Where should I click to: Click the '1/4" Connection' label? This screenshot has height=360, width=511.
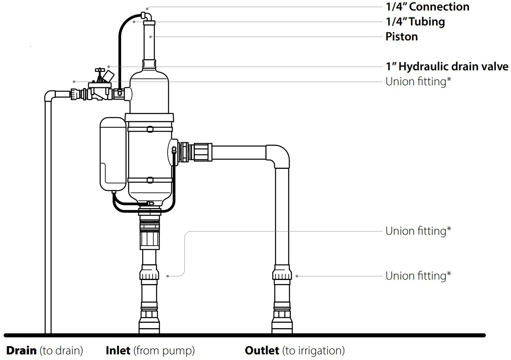(427, 7)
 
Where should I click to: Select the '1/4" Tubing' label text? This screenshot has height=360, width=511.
(415, 21)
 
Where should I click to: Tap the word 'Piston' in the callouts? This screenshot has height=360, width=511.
(402, 37)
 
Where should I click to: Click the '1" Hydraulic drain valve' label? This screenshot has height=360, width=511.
(447, 66)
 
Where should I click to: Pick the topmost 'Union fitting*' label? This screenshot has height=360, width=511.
(418, 82)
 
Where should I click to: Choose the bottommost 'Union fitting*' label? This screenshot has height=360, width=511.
(418, 276)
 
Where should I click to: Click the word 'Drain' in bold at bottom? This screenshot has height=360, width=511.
(21, 350)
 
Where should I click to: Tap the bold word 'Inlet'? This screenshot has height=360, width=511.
(118, 350)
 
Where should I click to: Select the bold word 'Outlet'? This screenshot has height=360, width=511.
(262, 350)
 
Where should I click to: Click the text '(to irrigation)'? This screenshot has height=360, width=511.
(313, 350)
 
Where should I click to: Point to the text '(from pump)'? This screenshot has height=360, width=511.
(164, 350)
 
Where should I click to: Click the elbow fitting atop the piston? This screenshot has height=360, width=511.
(147, 17)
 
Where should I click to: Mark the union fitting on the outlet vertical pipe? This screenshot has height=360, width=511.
(282, 273)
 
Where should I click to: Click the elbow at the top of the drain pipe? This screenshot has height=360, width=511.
(49, 96)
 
